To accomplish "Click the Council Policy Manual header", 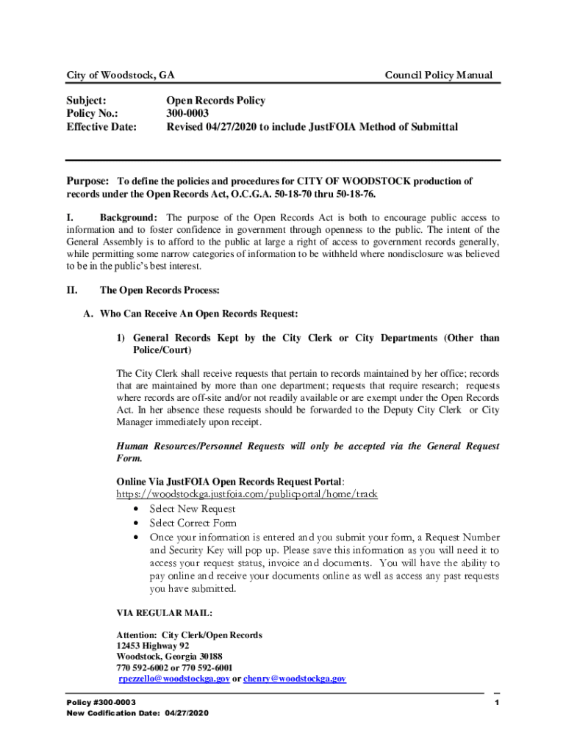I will point(439,75).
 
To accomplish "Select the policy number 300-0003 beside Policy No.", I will point(187,114).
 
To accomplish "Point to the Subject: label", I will point(87,101).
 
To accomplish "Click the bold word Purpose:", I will point(88,181).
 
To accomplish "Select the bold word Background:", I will point(129,218).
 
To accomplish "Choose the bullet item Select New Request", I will point(193,508).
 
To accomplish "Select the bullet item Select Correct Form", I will point(193,523).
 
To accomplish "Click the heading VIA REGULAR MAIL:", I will point(165,612).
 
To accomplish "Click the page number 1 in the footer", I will point(497,703).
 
